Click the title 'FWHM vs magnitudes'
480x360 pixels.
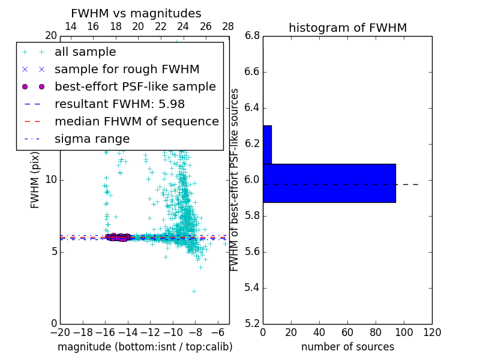[136, 13]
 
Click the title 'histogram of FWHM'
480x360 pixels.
[347, 28]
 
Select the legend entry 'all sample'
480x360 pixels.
[85, 52]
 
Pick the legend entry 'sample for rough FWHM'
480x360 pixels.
[127, 70]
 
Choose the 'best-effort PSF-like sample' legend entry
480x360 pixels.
[135, 87]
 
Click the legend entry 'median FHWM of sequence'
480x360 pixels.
[136, 122]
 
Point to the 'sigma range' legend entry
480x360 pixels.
[92, 139]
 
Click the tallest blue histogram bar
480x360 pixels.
[329, 183]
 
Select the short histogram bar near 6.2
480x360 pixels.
[267, 145]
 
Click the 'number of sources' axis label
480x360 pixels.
[347, 347]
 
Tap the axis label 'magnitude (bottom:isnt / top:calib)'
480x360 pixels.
[145, 347]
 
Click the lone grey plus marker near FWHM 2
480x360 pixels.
[194, 291]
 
